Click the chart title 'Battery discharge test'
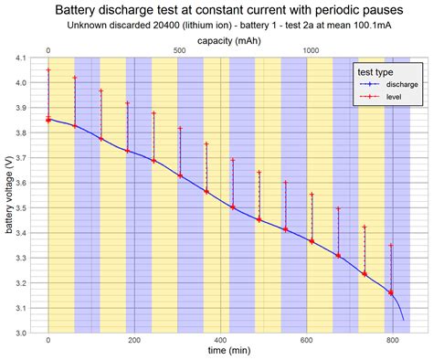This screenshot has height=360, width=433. [216, 10]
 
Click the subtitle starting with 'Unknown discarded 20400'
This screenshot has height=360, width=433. [216, 26]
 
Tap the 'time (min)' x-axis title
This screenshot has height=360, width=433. [222, 350]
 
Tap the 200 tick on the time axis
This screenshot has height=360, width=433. [134, 340]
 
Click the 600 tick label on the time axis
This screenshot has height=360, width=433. [306, 340]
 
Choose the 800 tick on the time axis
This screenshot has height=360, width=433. [392, 340]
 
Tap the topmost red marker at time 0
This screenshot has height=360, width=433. [48, 70]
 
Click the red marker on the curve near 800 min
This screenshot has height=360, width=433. [391, 292]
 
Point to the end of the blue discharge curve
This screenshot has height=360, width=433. [403, 319]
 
